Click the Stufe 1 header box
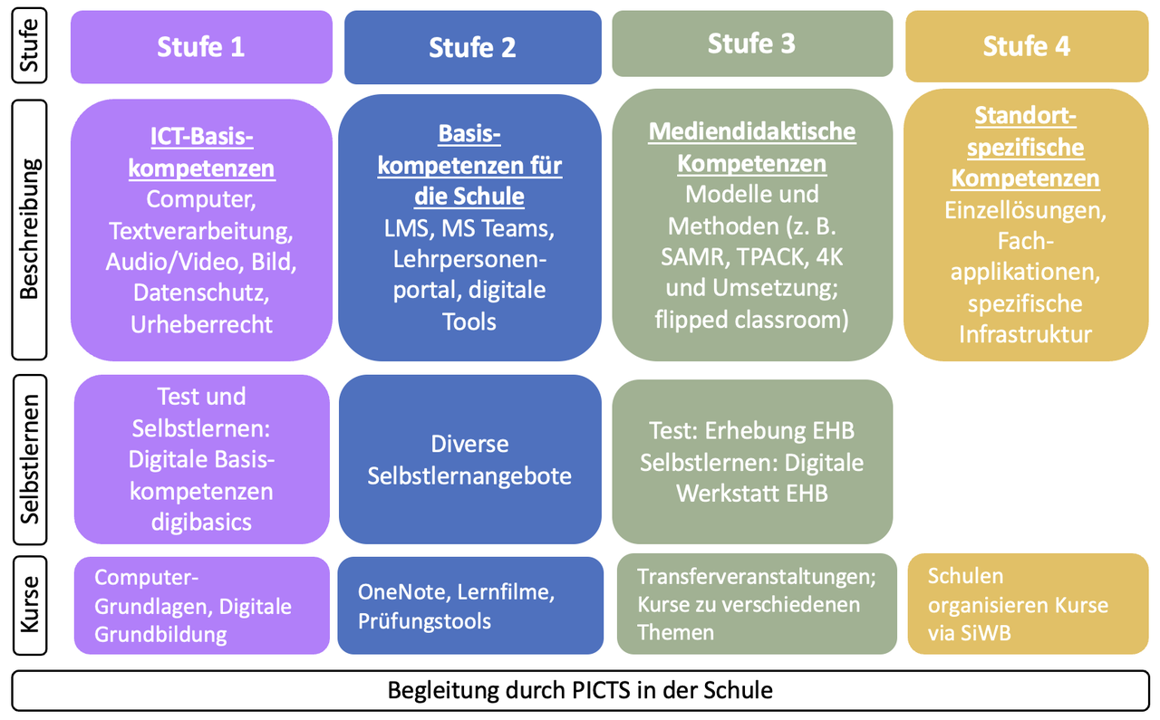[201, 47]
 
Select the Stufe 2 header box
[472, 47]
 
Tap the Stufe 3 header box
[751, 43]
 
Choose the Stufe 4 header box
[1027, 46]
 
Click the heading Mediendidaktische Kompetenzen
[752, 147]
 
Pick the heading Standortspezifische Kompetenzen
[1026, 147]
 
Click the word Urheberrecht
[201, 323]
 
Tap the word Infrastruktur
[1026, 333]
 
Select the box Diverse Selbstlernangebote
[469, 460]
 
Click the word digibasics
[201, 522]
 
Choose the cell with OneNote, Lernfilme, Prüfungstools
[469, 606]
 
